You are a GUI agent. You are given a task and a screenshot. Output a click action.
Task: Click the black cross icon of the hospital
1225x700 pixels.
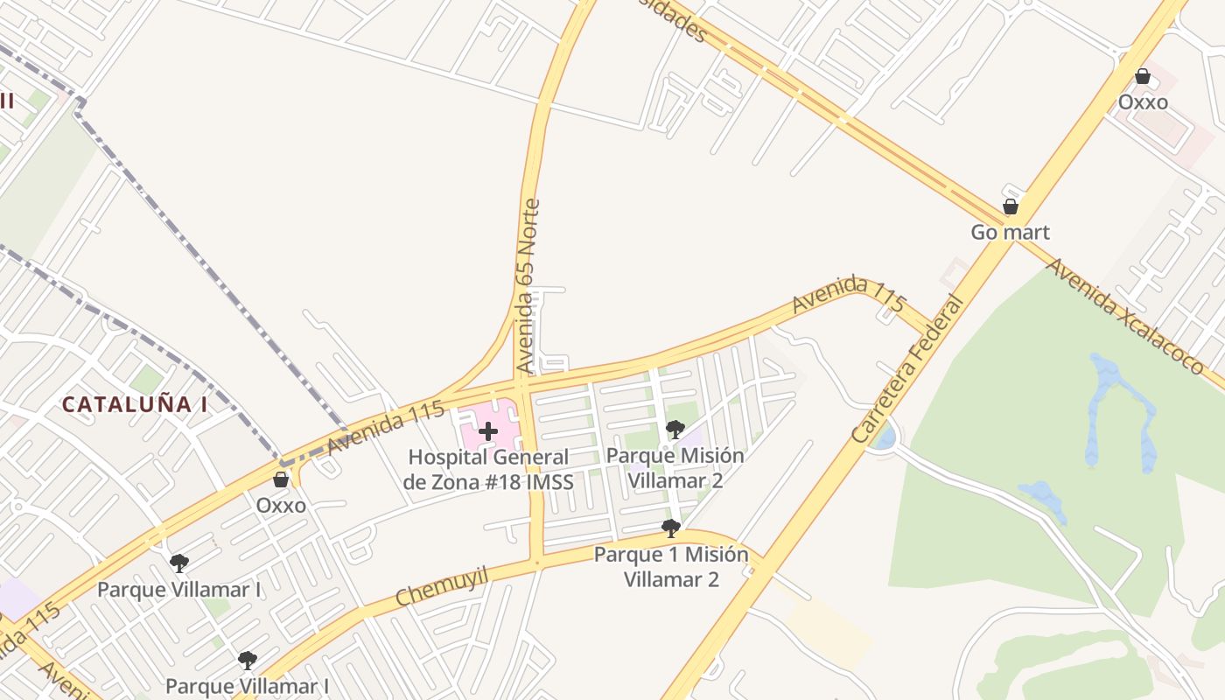488,430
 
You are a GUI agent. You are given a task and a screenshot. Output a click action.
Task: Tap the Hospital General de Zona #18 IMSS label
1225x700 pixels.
488,470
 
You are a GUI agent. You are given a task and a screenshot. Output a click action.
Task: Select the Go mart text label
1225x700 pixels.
1010,233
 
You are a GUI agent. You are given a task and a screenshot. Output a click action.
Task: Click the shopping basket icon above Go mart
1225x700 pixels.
1010,207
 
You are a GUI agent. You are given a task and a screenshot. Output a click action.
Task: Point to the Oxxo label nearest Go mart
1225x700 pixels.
1143,102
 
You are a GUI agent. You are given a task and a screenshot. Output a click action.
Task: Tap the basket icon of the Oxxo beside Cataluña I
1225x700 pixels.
281,479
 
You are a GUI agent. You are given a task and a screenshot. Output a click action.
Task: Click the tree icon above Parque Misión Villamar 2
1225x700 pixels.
675,430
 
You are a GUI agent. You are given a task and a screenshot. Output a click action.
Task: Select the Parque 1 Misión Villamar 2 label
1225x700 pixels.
671,567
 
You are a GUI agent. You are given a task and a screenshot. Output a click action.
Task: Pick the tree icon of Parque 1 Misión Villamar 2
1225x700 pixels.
671,528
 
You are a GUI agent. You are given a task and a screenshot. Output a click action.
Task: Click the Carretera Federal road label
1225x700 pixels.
906,369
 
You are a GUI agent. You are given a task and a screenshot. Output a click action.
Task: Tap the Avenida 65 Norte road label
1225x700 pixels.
528,287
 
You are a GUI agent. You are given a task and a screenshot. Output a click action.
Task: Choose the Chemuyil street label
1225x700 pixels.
440,585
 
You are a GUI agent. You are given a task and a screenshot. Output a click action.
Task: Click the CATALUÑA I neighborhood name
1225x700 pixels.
135,404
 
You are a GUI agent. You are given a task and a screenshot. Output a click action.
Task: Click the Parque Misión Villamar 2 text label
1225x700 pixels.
675,468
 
